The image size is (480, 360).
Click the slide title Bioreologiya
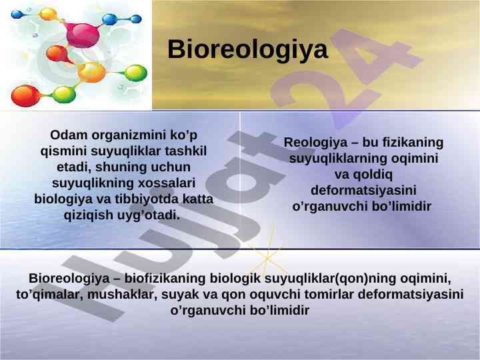click(x=247, y=49)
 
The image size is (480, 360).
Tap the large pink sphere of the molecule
click(x=83, y=35)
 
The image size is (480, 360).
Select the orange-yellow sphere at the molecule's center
click(x=91, y=72)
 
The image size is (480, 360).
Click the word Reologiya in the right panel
click(x=315, y=143)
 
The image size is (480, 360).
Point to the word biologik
click(x=235, y=279)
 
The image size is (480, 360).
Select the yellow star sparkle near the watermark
click(x=267, y=257)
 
